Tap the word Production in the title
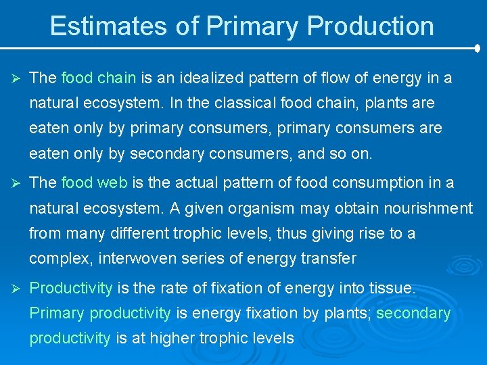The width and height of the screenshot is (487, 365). point(370,26)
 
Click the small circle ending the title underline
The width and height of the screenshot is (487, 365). point(478,49)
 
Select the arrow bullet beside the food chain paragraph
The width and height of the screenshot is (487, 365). point(13,78)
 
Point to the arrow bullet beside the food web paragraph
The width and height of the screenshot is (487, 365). point(13,183)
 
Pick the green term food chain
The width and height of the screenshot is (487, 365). point(99,78)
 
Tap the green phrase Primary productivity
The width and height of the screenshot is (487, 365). point(100,313)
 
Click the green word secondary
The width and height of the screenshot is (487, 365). point(413,313)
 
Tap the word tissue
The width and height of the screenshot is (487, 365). point(392,288)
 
